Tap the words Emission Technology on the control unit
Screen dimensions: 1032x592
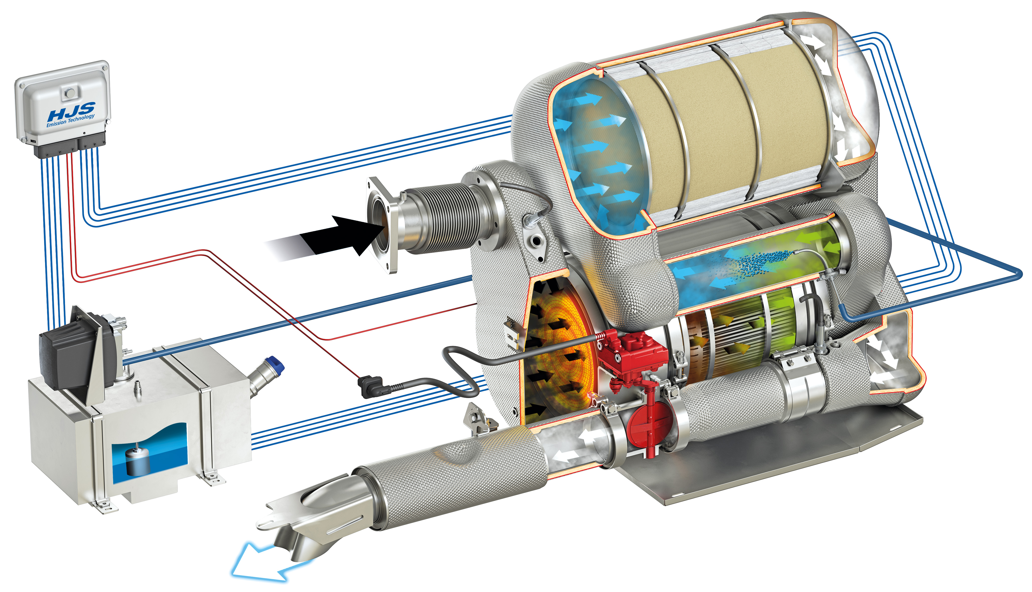(x=70, y=120)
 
